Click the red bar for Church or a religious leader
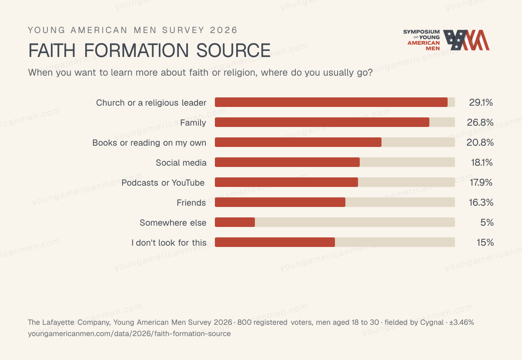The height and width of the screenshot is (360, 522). pos(331,102)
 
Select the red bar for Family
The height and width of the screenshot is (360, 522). pos(322,122)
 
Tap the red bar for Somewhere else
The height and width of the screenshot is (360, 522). pos(235,222)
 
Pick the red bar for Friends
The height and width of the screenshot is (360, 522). pos(280,202)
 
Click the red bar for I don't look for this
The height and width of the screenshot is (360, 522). pos(275,242)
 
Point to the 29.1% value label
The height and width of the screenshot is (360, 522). pos(481,103)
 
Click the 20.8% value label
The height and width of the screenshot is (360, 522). pos(480,143)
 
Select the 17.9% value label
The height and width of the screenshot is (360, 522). pos(481,183)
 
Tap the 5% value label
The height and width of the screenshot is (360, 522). pos(487,223)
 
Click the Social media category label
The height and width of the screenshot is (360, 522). pos(181,163)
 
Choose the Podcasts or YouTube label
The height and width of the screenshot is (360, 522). pos(163,183)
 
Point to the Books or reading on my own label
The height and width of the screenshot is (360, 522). pos(149,143)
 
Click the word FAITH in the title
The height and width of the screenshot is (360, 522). pos(52,50)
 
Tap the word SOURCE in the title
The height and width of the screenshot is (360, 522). pos(234,50)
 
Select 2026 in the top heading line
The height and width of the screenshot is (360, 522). pos(224,30)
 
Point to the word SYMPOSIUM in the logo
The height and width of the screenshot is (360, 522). pos(422,32)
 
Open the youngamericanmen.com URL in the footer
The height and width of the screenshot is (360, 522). pos(129,334)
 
